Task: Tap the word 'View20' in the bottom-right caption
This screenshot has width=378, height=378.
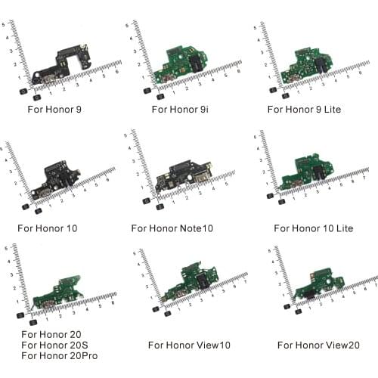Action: click(x=332, y=345)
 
